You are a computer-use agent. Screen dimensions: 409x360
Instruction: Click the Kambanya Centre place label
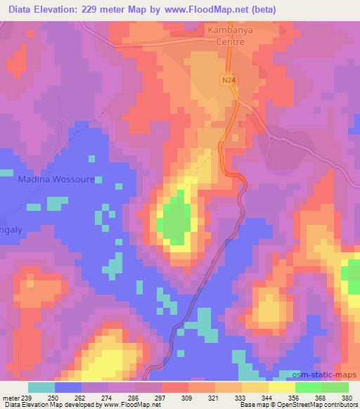[x=226, y=36]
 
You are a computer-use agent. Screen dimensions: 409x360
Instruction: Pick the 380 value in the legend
[x=347, y=396]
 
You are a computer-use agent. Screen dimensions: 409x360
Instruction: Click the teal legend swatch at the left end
[x=41, y=387]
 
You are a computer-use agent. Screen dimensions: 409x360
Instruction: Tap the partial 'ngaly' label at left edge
[x=11, y=229]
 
